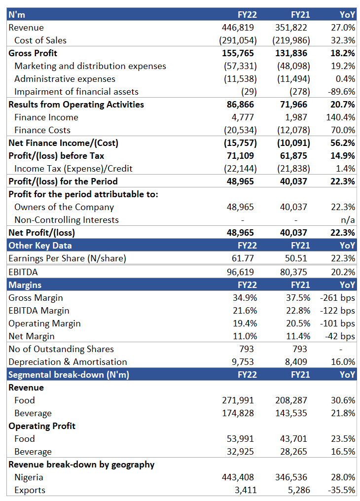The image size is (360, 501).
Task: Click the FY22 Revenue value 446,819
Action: click(x=238, y=28)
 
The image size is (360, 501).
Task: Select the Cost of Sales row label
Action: click(x=40, y=40)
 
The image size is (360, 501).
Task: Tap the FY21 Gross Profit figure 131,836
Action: click(x=291, y=53)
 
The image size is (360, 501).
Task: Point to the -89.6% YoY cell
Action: click(x=341, y=92)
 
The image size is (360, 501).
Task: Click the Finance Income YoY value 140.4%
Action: click(x=340, y=117)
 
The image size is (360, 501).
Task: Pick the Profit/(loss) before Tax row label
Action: click(x=56, y=156)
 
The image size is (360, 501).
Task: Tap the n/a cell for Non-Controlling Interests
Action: click(x=348, y=220)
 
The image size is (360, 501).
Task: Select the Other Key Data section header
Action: click(x=40, y=246)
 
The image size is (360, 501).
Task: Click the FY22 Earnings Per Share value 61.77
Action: click(x=243, y=258)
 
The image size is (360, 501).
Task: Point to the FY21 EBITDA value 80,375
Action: click(x=293, y=272)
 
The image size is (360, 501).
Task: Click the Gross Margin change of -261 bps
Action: click(x=338, y=298)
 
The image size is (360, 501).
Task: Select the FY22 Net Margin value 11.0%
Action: click(x=245, y=336)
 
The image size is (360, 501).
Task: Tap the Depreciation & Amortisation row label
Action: click(x=68, y=361)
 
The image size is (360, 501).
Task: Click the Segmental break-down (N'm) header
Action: click(x=69, y=374)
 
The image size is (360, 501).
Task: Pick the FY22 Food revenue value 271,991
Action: click(x=238, y=400)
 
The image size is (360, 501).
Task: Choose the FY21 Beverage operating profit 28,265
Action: click(x=293, y=452)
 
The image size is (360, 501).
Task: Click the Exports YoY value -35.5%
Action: click(x=341, y=490)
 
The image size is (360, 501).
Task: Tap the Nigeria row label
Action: click(x=29, y=477)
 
